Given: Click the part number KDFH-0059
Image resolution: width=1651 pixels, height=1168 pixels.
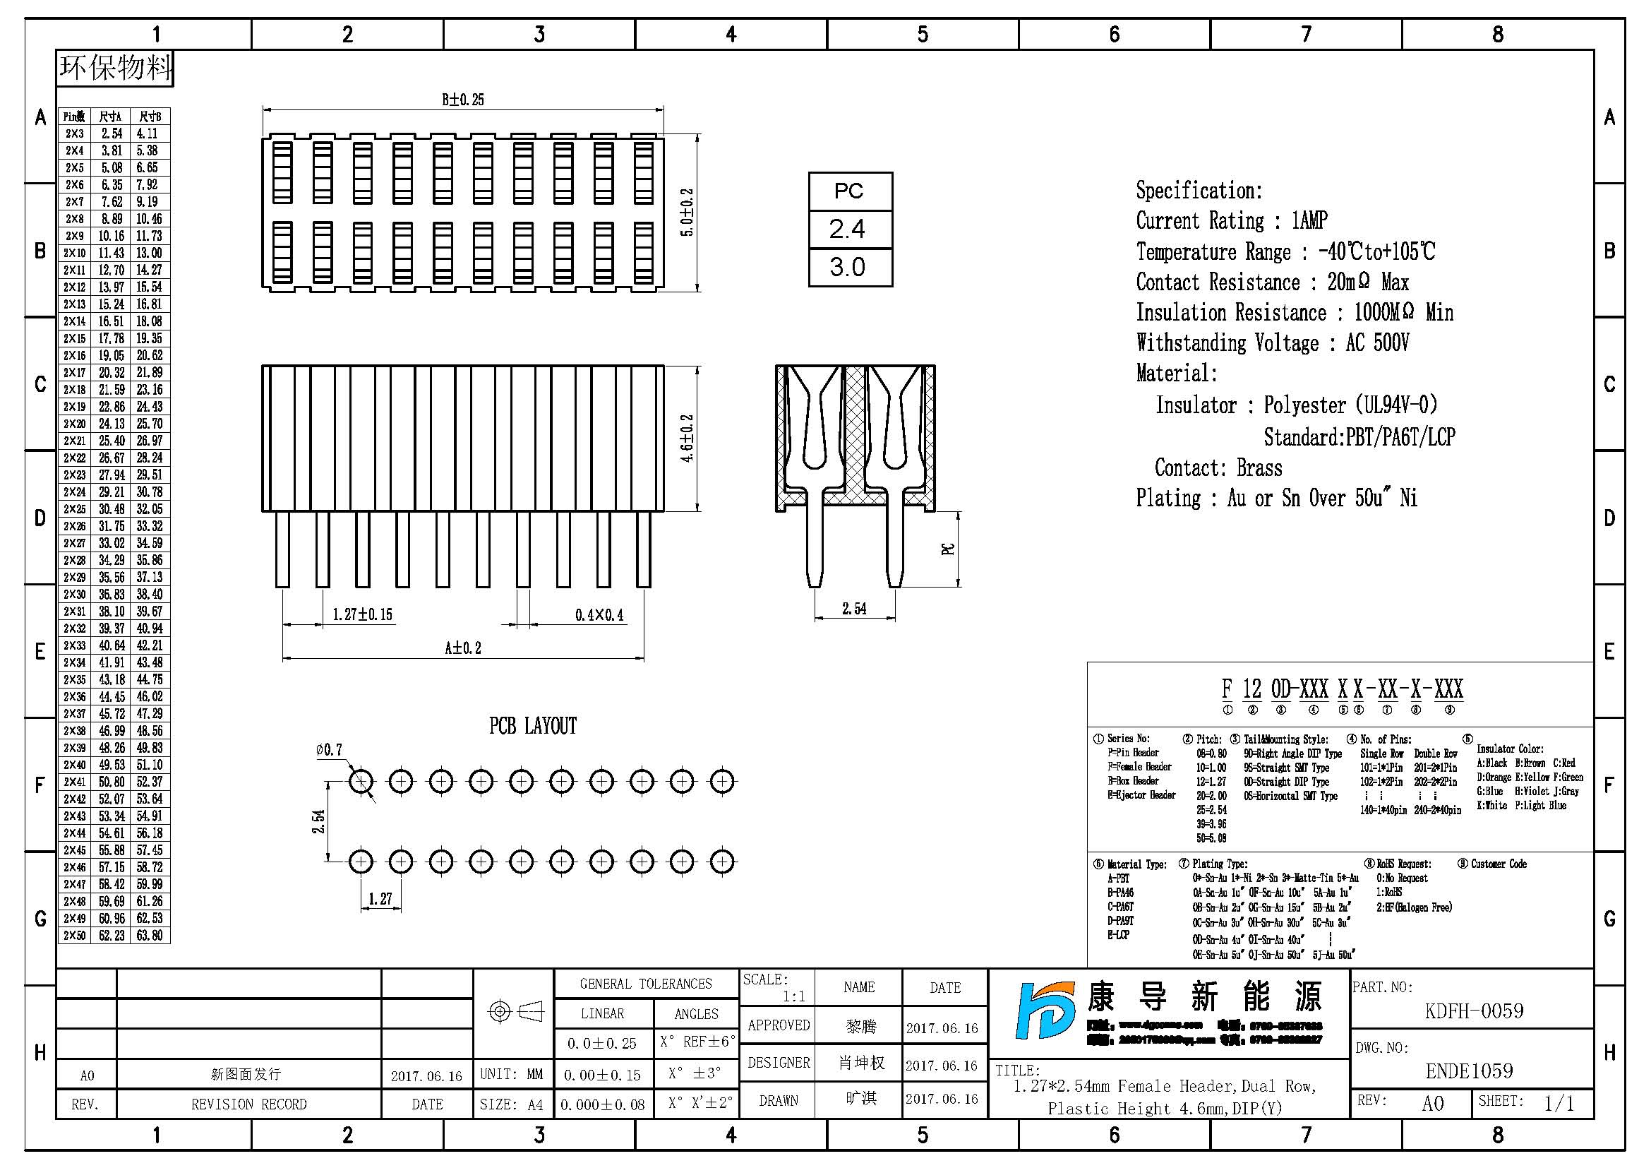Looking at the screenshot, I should pos(1473,1011).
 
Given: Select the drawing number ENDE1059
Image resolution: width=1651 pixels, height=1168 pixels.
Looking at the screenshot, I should pos(1469,1071).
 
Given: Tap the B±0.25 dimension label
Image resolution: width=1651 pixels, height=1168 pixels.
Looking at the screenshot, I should pos(462,100).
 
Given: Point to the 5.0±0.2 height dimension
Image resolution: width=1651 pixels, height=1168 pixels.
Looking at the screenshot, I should pos(688,213).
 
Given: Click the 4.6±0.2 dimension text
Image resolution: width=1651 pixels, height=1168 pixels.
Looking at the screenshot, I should pos(688,437).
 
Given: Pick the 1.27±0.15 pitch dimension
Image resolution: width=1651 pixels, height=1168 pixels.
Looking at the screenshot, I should pos(361,614).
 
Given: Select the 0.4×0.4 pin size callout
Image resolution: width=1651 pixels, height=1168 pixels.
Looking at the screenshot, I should pos(599,615).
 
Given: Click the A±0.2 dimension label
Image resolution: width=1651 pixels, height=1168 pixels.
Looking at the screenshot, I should pos(462,648).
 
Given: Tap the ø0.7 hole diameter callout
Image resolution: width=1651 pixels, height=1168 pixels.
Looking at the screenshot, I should pos(329,749).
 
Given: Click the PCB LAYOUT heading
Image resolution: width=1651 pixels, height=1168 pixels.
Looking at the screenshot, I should pos(533,726).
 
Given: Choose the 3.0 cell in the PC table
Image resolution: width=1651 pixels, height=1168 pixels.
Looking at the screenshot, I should pos(848,268).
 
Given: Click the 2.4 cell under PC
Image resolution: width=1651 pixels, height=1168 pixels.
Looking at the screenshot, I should pos(848,230).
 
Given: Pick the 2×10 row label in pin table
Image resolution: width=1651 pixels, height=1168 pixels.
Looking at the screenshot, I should pos(74,254).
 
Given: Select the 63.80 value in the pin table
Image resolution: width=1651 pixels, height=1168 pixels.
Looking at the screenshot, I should pos(150,936).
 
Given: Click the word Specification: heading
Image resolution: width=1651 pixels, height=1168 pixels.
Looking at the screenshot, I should pos(1199,191).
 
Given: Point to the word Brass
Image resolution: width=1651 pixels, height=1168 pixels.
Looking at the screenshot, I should pos(1259,468).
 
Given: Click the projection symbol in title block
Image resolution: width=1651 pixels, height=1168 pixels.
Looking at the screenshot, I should pos(514,1012).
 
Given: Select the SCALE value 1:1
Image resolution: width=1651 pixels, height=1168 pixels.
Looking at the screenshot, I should pos(794,996).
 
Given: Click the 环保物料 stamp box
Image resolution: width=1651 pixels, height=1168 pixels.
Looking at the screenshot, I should pos(115,68).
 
